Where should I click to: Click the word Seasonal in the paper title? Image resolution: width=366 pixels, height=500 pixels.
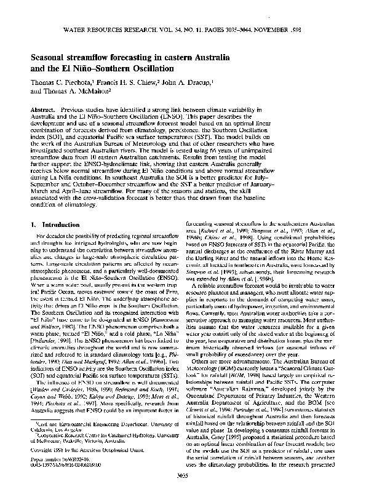pyautogui.click(x=50, y=56)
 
